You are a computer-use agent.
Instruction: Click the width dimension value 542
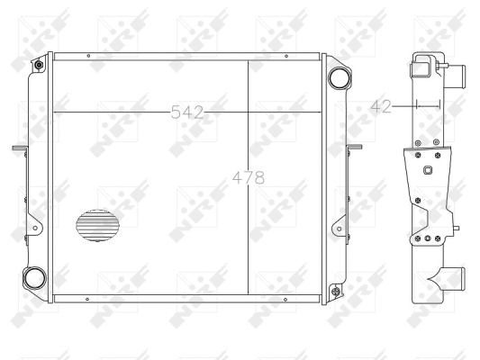(186, 112)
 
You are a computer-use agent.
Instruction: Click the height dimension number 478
(249, 177)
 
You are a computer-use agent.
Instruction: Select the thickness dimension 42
(381, 106)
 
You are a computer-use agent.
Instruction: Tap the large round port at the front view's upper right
(340, 77)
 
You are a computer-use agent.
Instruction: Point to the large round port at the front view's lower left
(34, 278)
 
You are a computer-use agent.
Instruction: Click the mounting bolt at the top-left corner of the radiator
(39, 65)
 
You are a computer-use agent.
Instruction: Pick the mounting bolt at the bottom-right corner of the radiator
(337, 291)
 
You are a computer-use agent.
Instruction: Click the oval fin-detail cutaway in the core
(97, 225)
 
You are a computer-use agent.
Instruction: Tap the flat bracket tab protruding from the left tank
(20, 148)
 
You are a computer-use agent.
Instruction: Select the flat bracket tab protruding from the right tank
(355, 147)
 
